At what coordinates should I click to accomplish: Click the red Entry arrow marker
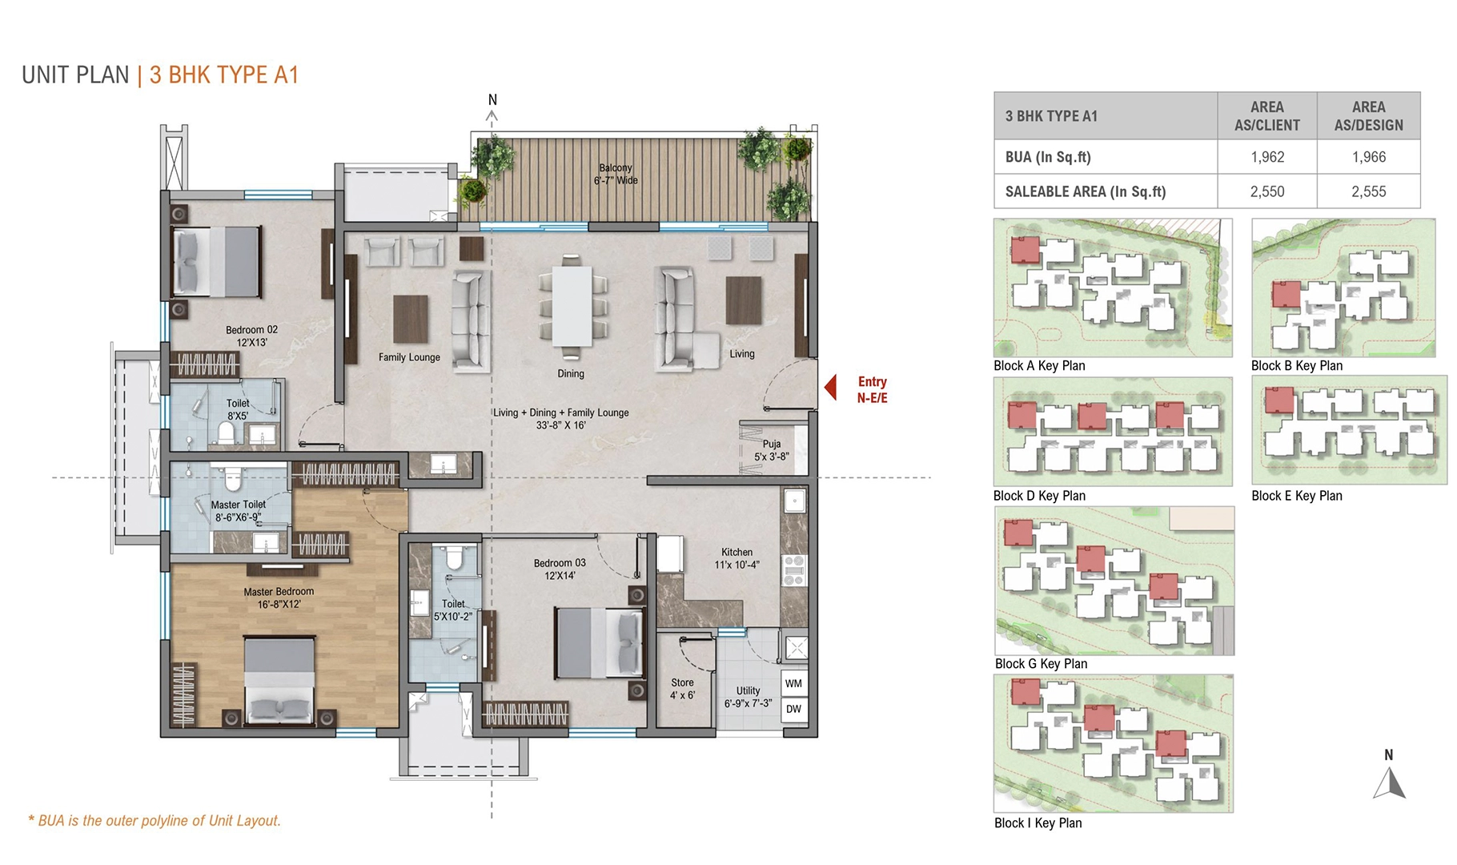831,388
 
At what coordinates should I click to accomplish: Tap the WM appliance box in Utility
793,684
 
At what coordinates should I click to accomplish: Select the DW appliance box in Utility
793,709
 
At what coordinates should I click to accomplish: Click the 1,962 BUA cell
1266,157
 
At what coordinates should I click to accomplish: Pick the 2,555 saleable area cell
1368,191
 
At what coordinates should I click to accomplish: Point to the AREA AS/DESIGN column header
1368,116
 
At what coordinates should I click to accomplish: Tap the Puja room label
771,450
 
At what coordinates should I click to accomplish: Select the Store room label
682,689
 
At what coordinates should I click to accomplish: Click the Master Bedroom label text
279,597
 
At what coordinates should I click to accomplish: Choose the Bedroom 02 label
251,336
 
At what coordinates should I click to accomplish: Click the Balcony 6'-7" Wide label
616,174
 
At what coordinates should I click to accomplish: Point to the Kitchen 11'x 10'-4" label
737,558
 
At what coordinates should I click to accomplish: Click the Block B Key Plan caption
1296,366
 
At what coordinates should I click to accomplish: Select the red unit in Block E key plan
1278,400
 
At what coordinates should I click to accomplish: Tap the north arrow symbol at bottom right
1389,783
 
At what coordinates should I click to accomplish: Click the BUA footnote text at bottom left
155,820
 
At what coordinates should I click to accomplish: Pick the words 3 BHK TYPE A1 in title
224,75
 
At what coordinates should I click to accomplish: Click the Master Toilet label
238,511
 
